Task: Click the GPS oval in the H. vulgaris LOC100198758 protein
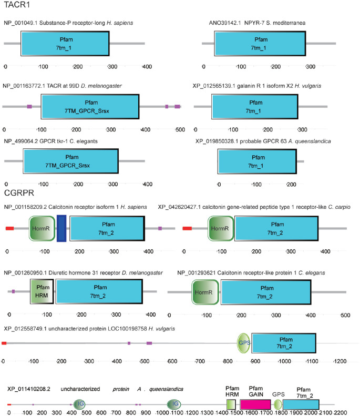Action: click(x=244, y=343)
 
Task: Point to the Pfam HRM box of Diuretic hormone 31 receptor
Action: click(x=42, y=292)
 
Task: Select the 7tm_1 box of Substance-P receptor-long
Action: click(x=65, y=43)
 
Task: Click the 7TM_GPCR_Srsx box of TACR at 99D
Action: click(x=90, y=107)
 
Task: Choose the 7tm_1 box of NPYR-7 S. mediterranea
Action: click(x=261, y=43)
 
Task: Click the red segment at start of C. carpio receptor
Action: click(x=187, y=229)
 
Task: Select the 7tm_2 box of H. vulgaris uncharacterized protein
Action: click(x=284, y=343)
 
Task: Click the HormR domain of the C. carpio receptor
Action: click(x=220, y=229)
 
